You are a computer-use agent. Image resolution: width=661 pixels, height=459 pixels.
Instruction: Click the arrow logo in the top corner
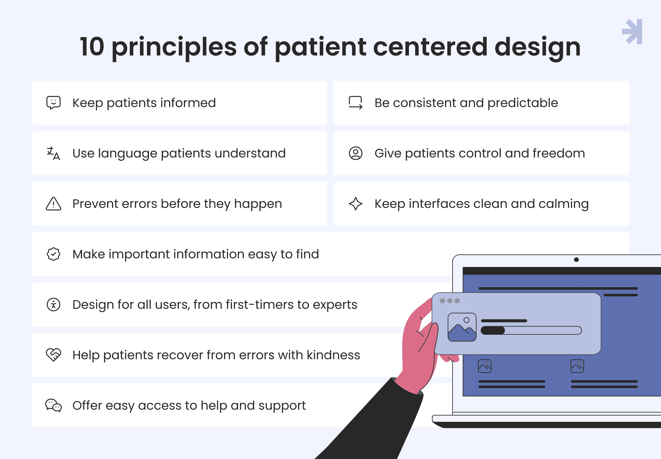pos(632,32)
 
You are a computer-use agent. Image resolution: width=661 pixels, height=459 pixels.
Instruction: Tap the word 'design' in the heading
pos(537,47)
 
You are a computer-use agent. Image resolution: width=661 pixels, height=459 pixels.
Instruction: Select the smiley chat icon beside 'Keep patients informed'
pos(54,103)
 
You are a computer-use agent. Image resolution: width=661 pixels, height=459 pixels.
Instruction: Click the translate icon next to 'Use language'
pos(54,154)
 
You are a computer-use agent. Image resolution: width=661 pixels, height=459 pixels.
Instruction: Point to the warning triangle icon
pos(54,204)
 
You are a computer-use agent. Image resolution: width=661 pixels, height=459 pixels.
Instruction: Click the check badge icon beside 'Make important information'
pos(54,254)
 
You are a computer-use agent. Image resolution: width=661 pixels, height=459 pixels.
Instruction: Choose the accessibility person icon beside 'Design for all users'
pos(54,305)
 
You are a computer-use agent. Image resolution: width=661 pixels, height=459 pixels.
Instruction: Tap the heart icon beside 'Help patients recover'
pos(54,355)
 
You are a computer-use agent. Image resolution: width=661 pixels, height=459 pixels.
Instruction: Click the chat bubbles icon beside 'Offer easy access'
pos(54,405)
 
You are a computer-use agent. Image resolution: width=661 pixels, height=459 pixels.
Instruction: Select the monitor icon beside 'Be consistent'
pos(356,103)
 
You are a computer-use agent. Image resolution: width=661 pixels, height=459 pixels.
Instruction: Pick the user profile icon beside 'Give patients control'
pos(356,153)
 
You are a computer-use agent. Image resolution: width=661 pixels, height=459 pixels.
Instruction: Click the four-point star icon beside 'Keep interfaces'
pos(356,204)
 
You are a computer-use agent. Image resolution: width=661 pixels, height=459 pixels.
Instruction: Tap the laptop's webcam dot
pos(576,260)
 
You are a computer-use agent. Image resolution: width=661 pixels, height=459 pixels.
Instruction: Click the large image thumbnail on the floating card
pos(462,327)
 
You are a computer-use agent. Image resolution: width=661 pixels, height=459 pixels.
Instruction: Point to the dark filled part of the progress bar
pos(493,330)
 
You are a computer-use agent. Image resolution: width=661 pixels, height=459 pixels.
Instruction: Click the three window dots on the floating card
pos(450,301)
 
